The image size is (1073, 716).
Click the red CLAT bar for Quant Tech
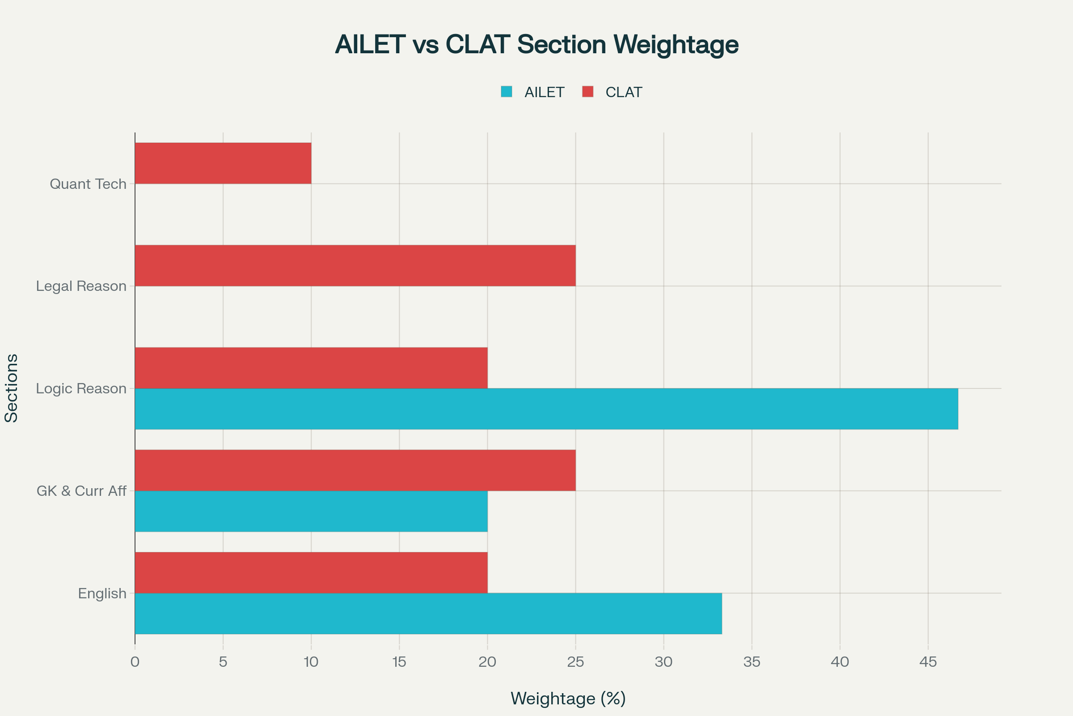tap(223, 163)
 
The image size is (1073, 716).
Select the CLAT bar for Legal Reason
tap(355, 265)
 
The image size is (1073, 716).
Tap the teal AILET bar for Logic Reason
tap(546, 409)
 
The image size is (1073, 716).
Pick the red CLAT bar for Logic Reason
tap(311, 367)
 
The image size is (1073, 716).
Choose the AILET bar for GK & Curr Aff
tap(311, 511)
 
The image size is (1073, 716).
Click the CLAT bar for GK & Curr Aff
tap(355, 470)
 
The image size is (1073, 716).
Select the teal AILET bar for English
tap(428, 613)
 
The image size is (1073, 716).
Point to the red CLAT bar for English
tap(311, 572)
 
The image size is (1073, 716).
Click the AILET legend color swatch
tap(507, 92)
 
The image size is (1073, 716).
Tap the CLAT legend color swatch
tap(587, 92)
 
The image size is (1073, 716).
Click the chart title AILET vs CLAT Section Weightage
tap(536, 44)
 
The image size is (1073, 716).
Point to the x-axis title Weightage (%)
tap(568, 698)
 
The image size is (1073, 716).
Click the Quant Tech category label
tap(88, 184)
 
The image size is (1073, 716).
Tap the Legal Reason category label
tap(81, 286)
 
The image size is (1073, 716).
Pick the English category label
tap(102, 593)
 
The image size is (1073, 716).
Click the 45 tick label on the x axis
tap(928, 662)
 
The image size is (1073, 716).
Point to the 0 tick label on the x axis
tap(135, 662)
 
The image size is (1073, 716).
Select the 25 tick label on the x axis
tap(575, 662)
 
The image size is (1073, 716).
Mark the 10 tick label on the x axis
tap(311, 662)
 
